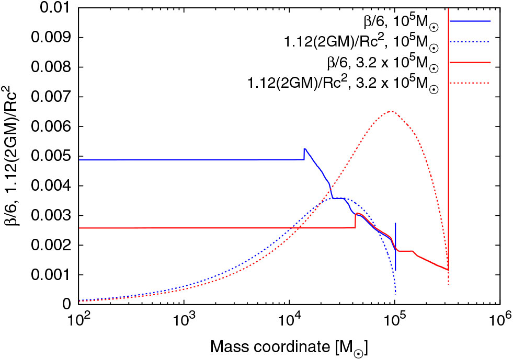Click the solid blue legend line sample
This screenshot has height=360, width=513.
click(x=475, y=20)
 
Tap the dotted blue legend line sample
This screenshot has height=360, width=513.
click(x=475, y=41)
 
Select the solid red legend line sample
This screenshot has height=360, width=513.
click(x=475, y=62)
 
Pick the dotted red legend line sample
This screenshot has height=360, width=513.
click(x=475, y=83)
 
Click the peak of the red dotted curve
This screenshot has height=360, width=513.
click(x=391, y=111)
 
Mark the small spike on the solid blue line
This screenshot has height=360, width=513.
click(x=304, y=149)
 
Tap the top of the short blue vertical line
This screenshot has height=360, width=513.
click(x=395, y=223)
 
